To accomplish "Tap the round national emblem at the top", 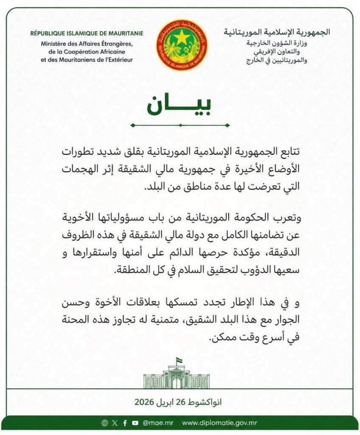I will (x=180, y=45).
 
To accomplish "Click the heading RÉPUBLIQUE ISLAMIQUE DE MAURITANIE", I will (x=87, y=33).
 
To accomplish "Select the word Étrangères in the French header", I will (x=114, y=44).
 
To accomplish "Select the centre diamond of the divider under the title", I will (x=180, y=125).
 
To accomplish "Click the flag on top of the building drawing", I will (x=180, y=361).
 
